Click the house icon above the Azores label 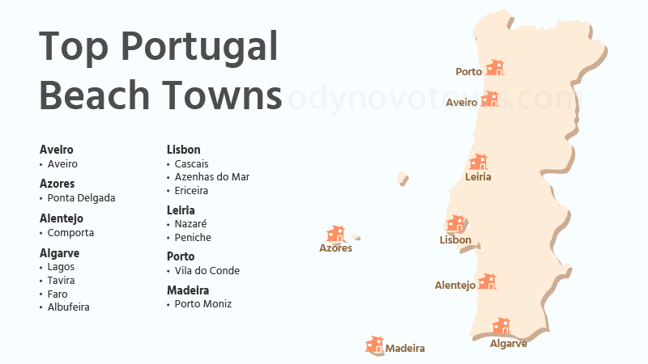(335, 234)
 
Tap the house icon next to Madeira (374, 345)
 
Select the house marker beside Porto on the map (494, 68)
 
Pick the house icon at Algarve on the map (501, 326)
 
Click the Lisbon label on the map (455, 240)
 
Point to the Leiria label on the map (478, 176)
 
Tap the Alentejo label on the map (455, 286)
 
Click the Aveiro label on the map (462, 103)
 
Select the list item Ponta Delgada (81, 198)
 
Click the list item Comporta (70, 233)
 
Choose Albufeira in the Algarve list (68, 307)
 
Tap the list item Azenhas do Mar (212, 177)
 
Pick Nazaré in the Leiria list (190, 224)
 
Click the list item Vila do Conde (207, 271)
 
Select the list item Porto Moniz (203, 304)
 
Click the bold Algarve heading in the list (59, 253)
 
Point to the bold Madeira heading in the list (188, 290)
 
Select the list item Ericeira (191, 191)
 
